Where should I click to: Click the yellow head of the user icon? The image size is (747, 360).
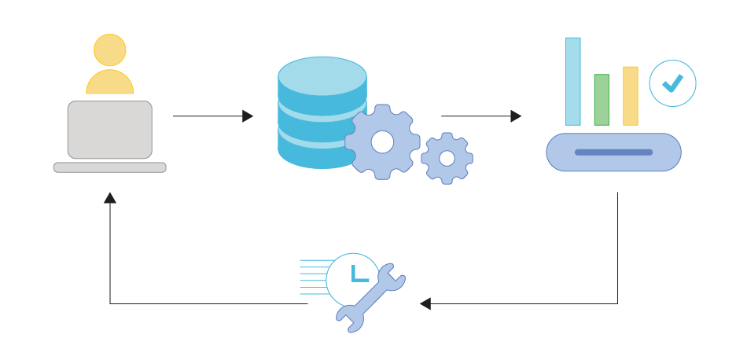pos(110,50)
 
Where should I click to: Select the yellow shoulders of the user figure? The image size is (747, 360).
pos(110,83)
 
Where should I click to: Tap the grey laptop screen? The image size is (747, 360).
pos(110,130)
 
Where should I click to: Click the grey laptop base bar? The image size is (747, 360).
pos(110,167)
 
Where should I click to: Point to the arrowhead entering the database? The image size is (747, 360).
pos(248,116)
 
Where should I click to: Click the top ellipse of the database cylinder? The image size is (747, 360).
pos(322,75)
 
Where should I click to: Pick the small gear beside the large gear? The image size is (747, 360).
pos(447,158)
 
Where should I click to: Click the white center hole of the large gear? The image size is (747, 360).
pos(382,142)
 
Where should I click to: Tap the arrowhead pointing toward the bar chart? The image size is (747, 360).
pos(516,116)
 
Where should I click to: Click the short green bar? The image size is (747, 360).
pos(602,100)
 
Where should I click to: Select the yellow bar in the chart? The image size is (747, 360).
pos(630,96)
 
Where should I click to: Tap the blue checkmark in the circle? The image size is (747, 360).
pos(672,83)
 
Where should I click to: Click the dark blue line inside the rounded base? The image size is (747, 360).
pos(613,152)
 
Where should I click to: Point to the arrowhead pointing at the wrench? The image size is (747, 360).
pos(425,303)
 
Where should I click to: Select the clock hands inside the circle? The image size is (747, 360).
pos(358,274)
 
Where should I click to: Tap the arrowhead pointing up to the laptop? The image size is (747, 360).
pos(110,198)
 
